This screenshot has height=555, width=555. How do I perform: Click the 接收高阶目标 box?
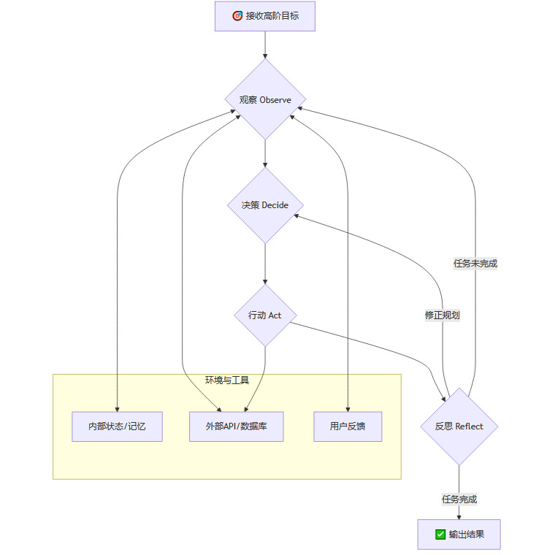[x=264, y=16]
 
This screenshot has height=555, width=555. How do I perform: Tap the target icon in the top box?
[x=237, y=16]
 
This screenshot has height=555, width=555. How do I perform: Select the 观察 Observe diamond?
[x=264, y=99]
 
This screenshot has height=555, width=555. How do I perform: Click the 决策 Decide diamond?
[x=264, y=205]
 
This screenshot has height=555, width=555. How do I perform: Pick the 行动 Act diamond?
[x=264, y=315]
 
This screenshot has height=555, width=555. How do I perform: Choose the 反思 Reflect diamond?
[x=459, y=426]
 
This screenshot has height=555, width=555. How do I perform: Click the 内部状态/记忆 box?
[x=117, y=426]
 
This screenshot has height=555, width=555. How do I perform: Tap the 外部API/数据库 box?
[x=236, y=426]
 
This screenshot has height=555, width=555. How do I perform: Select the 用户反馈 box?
[x=348, y=426]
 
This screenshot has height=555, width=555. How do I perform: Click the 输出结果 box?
[x=459, y=535]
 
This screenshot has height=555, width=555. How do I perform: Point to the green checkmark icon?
[x=440, y=535]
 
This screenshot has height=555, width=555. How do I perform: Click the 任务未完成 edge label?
[x=475, y=264]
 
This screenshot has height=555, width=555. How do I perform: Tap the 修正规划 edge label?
[x=443, y=315]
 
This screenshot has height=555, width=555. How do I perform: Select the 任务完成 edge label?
[x=459, y=499]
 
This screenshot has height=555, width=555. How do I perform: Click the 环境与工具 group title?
[x=227, y=380]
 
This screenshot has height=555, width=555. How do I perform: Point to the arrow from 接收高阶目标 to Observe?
[x=264, y=45]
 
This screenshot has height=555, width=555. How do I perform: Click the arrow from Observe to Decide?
[x=264, y=153]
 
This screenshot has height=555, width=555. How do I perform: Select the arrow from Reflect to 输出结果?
[x=459, y=482]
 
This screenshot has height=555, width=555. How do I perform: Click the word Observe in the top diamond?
[x=275, y=100]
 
